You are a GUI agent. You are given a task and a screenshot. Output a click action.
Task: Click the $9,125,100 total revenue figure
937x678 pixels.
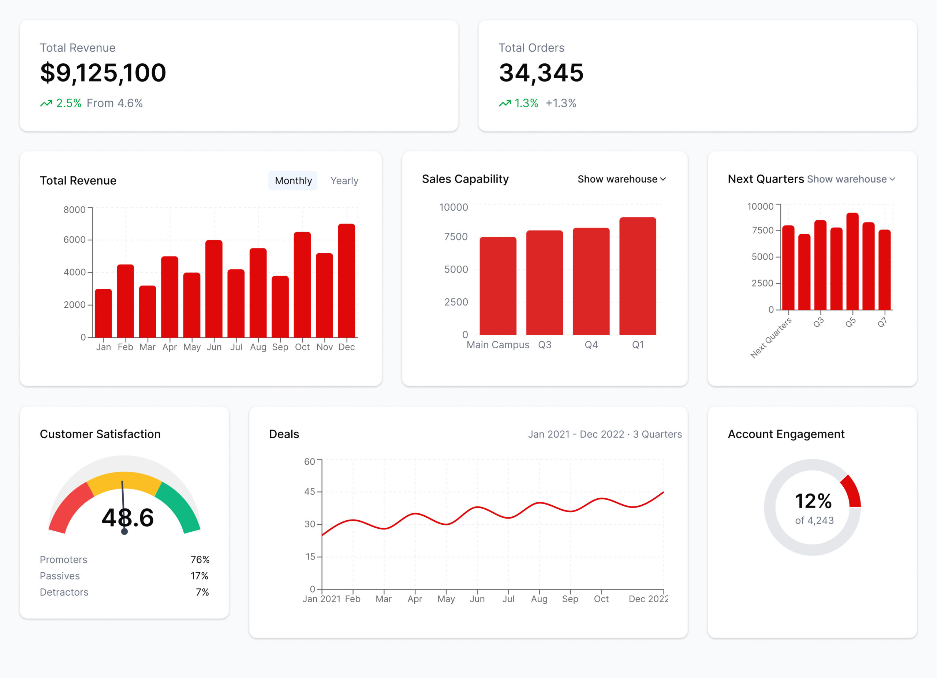(103, 73)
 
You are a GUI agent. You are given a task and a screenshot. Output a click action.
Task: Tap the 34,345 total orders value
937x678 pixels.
(541, 73)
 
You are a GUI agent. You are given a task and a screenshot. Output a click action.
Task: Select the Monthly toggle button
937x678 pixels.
(293, 181)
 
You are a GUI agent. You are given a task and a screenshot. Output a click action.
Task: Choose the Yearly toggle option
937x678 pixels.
(344, 181)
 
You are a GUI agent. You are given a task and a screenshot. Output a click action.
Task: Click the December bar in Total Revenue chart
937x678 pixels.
(346, 281)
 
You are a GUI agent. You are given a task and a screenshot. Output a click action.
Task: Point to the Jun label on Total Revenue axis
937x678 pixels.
(214, 347)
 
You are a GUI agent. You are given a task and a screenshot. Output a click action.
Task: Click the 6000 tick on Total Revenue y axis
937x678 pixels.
(74, 240)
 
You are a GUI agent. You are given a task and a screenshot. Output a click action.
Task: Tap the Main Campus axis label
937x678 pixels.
(497, 345)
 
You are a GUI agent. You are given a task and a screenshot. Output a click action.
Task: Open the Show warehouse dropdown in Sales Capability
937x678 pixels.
(621, 179)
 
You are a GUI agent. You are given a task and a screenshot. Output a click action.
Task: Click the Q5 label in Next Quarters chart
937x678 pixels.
(850, 322)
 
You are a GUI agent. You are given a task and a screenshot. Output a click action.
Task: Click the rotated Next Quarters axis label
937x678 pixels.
(771, 337)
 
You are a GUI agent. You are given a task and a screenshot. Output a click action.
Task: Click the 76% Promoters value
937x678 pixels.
(200, 559)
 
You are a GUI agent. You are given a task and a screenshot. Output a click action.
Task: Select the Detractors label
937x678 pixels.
(64, 592)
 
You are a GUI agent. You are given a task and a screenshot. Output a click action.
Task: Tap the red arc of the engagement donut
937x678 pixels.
(853, 491)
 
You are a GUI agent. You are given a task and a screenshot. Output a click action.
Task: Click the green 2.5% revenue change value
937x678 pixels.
(68, 103)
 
